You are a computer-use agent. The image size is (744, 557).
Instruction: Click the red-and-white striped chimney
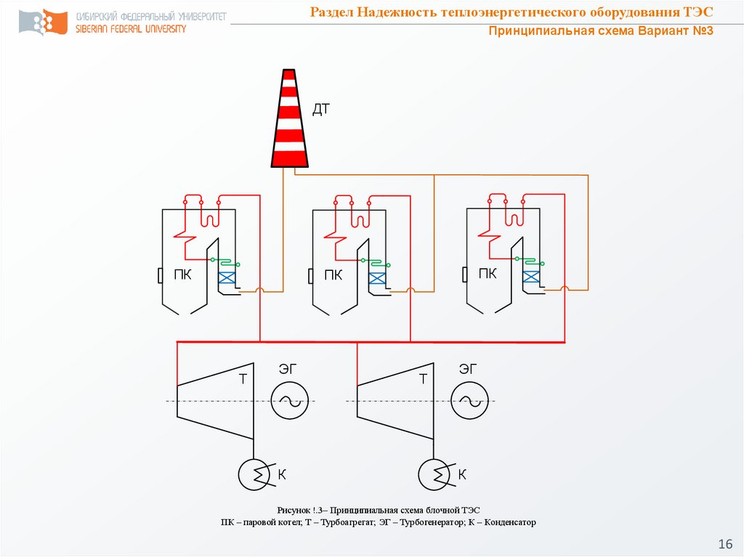289,119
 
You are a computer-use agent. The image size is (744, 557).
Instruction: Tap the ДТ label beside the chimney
321,110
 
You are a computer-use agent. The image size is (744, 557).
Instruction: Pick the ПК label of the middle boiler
333,275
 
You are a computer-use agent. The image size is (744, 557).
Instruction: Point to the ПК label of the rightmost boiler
488,274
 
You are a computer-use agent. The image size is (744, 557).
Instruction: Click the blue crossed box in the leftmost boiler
227,277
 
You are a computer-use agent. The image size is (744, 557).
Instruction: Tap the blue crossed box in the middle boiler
377,277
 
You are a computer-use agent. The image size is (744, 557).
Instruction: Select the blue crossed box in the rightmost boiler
532,276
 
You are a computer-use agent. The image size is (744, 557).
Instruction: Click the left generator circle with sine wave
290,401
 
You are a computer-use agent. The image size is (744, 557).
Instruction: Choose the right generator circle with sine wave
469,401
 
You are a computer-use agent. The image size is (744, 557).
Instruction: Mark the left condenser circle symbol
255,475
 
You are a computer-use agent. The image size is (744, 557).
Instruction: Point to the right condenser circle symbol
434,475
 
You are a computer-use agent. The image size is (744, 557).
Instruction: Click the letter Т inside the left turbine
243,378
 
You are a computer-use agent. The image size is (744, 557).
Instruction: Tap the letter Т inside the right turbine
423,378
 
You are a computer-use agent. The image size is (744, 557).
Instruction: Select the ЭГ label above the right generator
468,369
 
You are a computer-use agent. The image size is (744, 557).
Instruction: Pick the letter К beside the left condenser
282,475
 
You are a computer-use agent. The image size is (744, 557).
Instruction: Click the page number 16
724,544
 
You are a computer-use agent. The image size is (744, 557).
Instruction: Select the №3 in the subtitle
698,31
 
